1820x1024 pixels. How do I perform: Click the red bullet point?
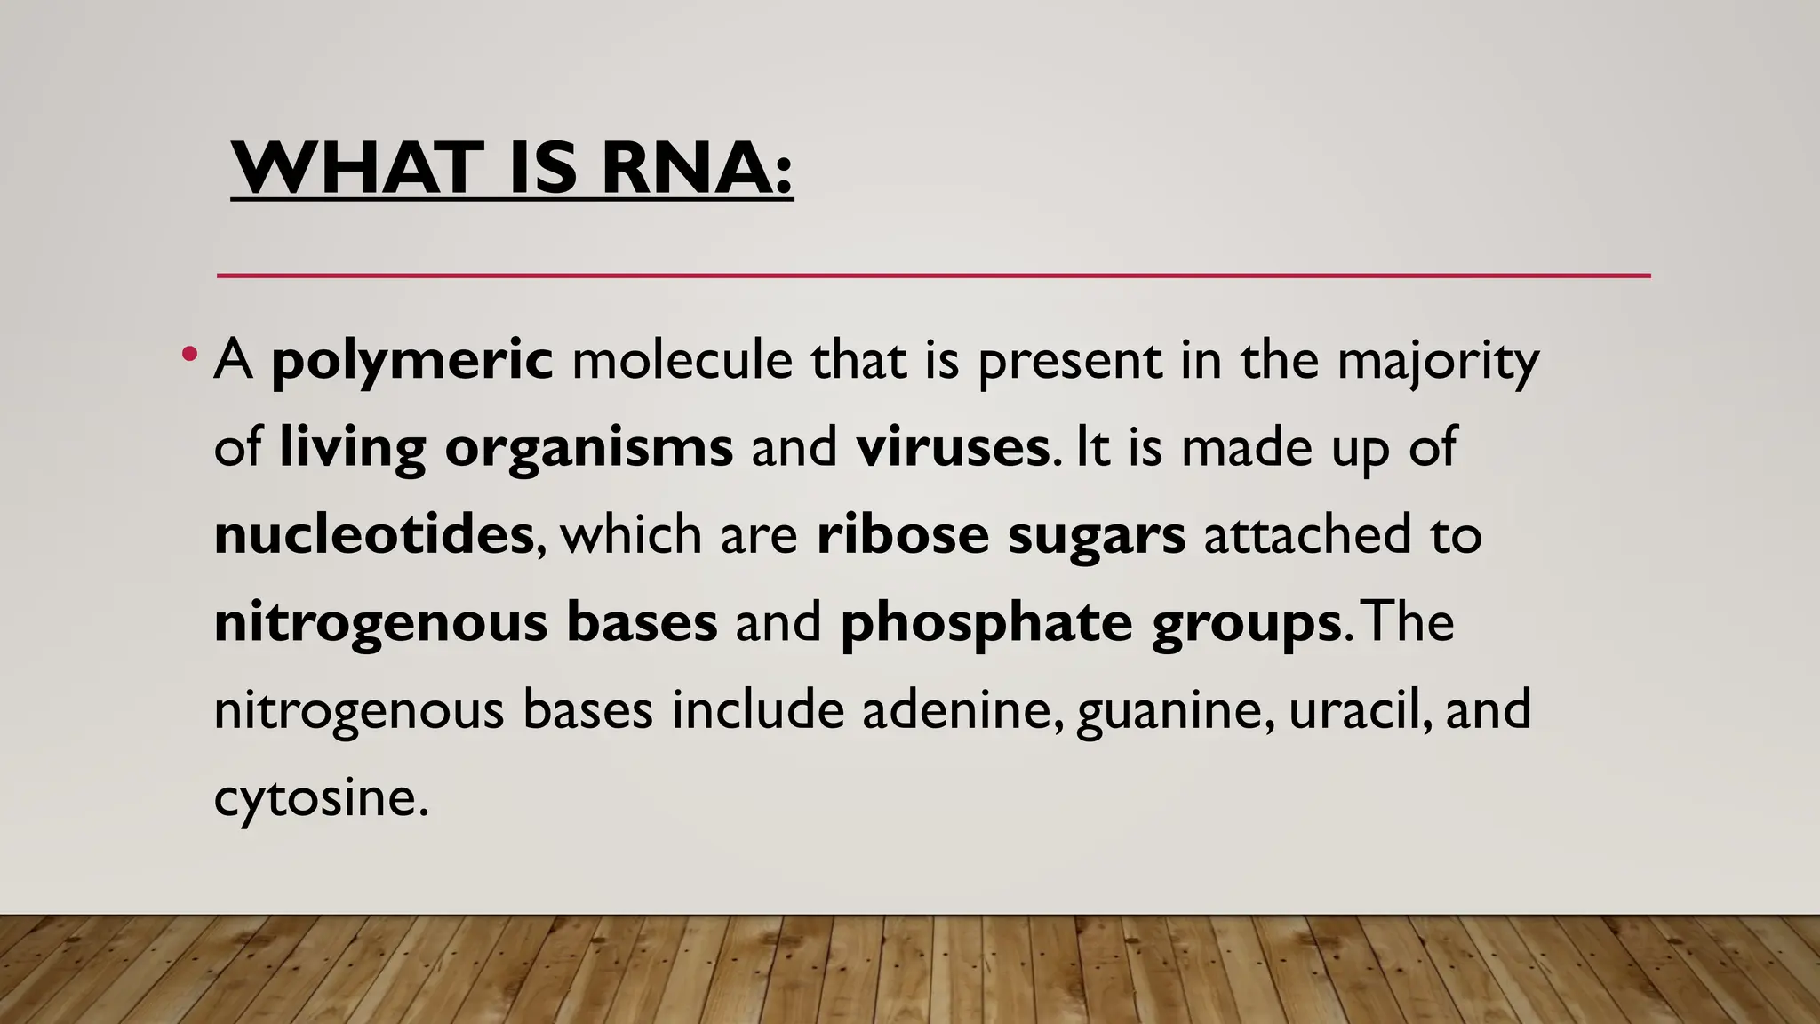(188, 355)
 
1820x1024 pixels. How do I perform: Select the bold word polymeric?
(412, 361)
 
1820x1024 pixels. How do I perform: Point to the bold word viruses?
(953, 447)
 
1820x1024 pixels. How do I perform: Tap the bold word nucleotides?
(374, 534)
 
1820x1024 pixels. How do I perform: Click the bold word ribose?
(902, 534)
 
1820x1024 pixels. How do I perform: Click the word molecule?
(682, 361)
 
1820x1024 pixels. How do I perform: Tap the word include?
(757, 710)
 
